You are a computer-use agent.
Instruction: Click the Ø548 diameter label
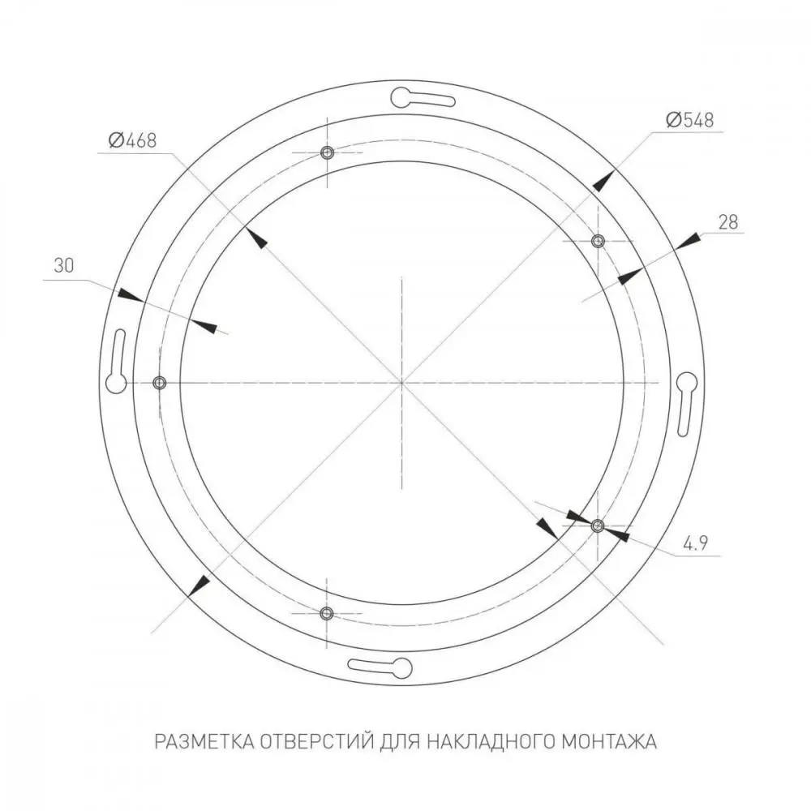coord(690,120)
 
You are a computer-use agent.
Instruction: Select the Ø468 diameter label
coord(132,140)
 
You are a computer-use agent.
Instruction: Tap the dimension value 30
coord(64,266)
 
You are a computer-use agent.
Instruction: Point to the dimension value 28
coord(728,222)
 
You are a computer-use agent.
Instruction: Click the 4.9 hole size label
coord(696,543)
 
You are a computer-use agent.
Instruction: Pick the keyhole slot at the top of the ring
coord(423,98)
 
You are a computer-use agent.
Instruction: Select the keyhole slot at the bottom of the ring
coord(380,667)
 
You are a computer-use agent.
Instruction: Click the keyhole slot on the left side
coord(117,361)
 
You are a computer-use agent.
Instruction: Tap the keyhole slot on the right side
coord(686,404)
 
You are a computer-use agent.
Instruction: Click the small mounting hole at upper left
coord(327,152)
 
